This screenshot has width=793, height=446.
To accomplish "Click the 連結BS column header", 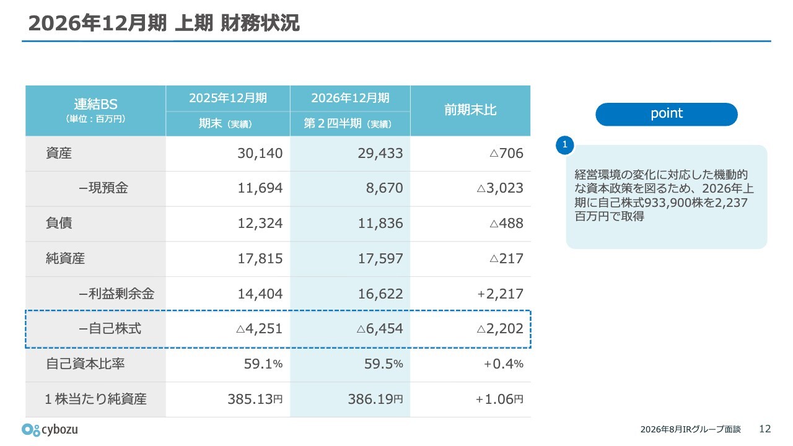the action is click(x=95, y=104).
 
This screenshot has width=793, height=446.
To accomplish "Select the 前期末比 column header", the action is click(x=470, y=110).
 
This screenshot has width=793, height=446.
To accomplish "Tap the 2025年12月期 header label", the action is click(x=227, y=98).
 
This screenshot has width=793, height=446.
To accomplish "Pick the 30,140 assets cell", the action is click(x=260, y=153).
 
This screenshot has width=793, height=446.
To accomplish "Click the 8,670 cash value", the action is click(x=385, y=188).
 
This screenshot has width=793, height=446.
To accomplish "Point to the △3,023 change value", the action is click(x=500, y=188).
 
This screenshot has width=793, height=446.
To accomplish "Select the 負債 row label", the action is click(x=59, y=223).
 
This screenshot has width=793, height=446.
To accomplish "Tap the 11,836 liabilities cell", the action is click(x=380, y=224).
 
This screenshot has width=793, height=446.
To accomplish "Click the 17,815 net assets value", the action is click(x=260, y=259).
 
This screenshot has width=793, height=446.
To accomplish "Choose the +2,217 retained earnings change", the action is click(x=500, y=294).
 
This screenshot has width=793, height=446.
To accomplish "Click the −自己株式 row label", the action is click(x=110, y=328).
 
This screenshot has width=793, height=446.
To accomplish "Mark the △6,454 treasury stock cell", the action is click(x=380, y=329).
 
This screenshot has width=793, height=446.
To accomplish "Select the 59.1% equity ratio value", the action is click(x=263, y=364).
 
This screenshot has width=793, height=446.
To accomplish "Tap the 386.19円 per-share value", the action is click(x=375, y=400).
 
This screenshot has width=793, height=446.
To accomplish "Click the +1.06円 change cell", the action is click(x=499, y=400).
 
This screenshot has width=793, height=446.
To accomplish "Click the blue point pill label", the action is click(x=667, y=114).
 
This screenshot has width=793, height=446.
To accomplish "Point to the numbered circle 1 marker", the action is click(x=564, y=145).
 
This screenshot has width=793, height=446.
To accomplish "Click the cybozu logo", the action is click(x=50, y=429).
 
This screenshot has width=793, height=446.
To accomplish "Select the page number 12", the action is click(x=765, y=429).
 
